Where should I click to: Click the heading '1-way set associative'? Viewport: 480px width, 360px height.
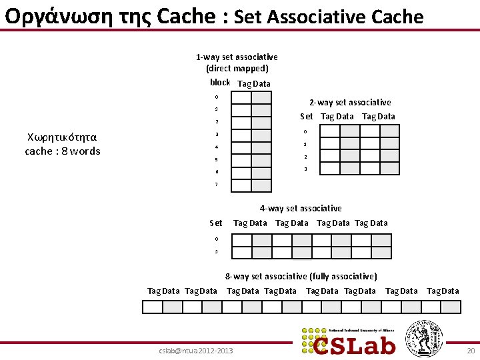point(237,57)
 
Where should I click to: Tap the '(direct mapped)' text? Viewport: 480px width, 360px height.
point(237,69)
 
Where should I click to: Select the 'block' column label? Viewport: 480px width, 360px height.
point(220,83)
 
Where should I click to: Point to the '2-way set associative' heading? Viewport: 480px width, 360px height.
point(350,103)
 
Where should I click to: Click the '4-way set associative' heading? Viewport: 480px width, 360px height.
point(301,209)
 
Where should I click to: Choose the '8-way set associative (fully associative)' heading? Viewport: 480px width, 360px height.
point(301,276)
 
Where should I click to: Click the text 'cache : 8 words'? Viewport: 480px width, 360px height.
point(63,151)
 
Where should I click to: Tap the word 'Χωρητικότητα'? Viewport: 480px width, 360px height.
point(63,137)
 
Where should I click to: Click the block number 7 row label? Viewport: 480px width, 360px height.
point(216,185)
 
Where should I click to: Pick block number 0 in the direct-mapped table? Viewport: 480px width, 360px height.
point(216,97)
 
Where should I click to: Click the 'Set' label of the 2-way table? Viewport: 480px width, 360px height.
point(307,117)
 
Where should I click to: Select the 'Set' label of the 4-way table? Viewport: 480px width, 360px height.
point(216,223)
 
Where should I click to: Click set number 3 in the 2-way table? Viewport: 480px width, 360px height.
point(306,169)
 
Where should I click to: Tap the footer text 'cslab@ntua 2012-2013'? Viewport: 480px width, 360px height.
point(197,351)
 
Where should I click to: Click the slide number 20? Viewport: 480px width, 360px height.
point(471,351)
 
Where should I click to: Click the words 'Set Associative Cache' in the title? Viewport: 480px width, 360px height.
point(329,17)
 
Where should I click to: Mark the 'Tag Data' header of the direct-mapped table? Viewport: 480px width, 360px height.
point(254,83)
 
